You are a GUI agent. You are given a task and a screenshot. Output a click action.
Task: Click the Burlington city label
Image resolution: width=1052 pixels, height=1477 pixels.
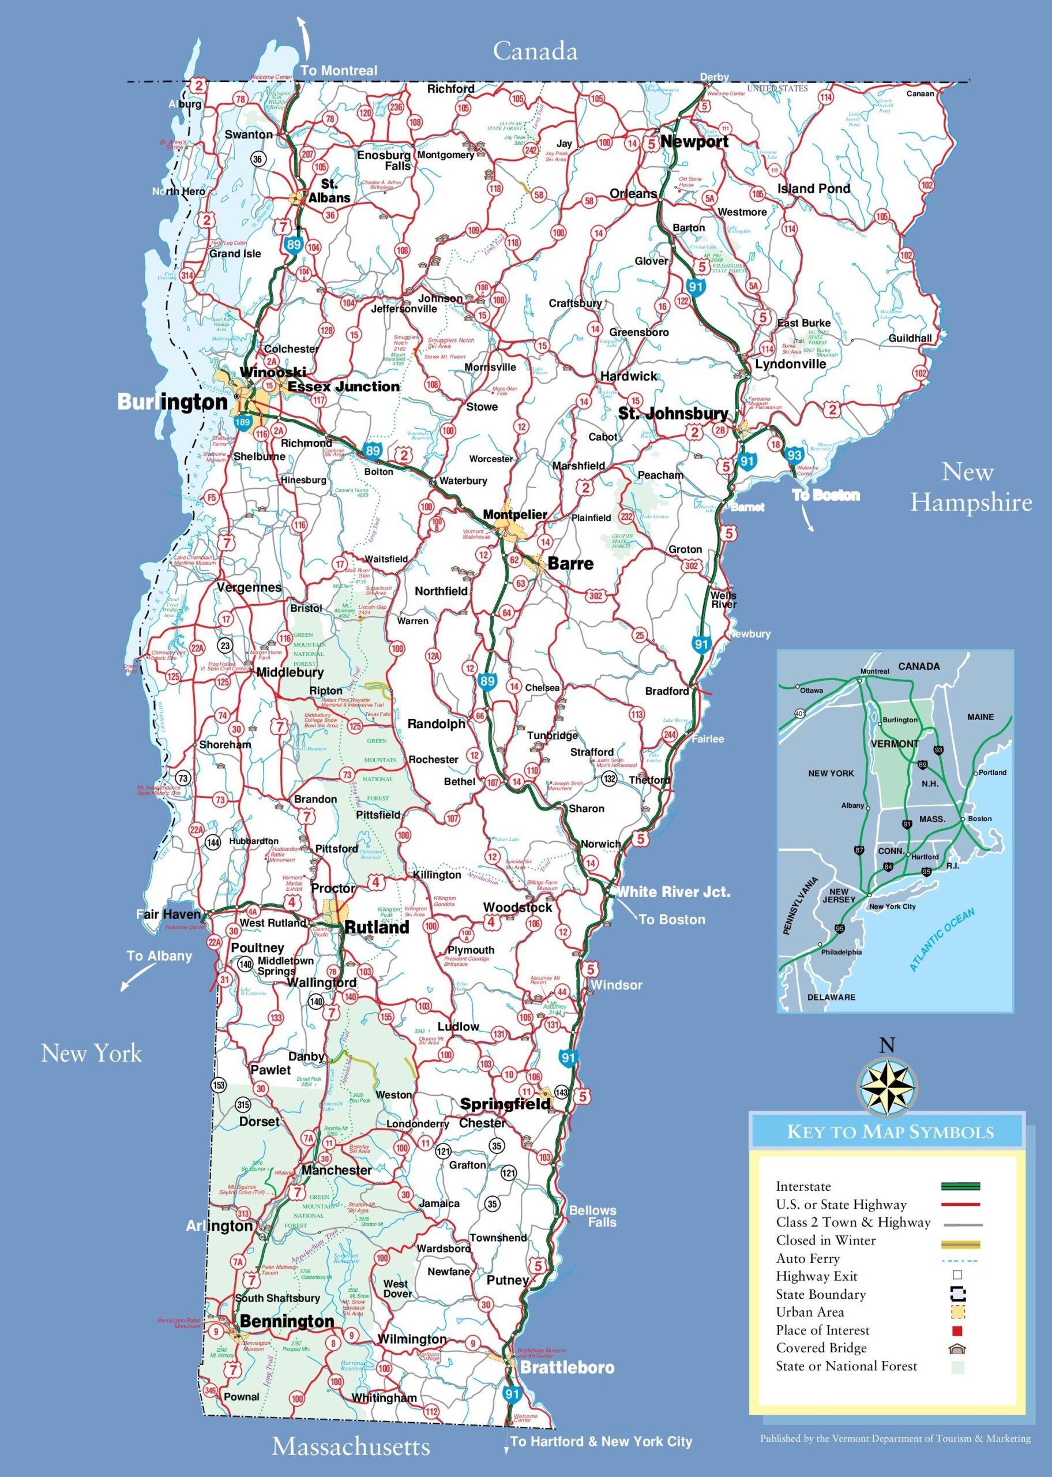point(172,402)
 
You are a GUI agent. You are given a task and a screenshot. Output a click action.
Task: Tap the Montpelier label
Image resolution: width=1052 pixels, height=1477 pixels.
point(515,515)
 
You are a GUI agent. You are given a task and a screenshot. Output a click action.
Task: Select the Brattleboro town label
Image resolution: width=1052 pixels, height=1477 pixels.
point(568,1367)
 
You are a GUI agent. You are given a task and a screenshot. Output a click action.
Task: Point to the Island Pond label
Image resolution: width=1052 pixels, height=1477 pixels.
point(814,189)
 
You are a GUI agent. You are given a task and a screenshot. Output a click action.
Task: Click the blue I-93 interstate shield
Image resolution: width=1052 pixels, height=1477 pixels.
point(795,455)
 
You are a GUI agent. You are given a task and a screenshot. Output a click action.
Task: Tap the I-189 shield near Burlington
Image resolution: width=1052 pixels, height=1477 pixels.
point(242,422)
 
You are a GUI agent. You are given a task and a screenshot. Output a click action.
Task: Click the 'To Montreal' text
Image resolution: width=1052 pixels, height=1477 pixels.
point(339,70)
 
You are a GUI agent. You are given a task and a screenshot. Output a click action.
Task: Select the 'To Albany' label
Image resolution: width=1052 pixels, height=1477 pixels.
point(159,956)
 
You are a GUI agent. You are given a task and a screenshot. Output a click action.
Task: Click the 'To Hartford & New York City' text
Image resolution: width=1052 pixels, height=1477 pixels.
point(601,1441)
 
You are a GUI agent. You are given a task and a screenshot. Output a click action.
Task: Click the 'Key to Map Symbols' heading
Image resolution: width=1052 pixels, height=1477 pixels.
point(889,1133)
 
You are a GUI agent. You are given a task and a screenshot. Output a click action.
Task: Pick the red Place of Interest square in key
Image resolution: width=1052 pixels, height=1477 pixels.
point(957,1330)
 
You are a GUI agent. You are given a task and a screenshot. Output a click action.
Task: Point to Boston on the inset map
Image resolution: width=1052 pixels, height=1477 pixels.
point(979,818)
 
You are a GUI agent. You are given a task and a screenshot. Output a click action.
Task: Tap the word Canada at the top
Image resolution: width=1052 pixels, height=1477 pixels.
point(535,51)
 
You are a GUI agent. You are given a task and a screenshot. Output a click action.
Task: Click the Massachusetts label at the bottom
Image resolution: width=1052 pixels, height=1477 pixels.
point(351,1446)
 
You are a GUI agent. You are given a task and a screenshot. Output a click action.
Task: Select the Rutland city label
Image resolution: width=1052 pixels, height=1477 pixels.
point(377,927)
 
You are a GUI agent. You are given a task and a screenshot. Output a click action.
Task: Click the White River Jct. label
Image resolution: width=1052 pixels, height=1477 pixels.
point(672,892)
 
